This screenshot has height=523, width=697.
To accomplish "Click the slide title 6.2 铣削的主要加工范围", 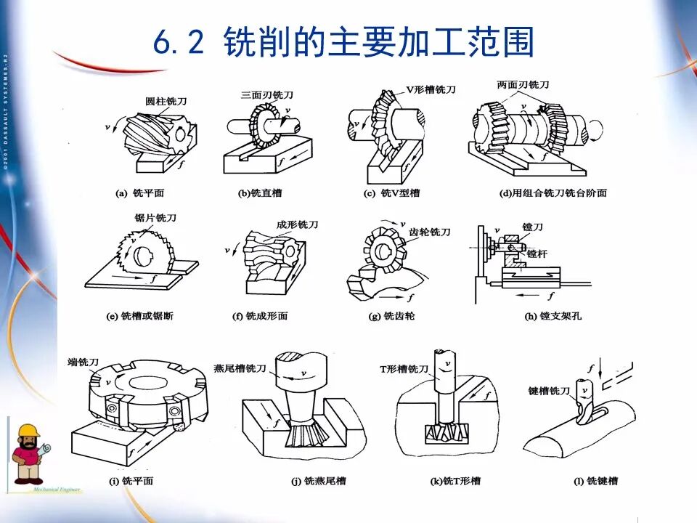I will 343,44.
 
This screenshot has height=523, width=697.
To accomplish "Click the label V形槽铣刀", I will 431,89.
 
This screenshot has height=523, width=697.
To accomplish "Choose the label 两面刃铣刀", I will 523,85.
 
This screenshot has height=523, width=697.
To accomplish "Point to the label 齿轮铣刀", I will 430,232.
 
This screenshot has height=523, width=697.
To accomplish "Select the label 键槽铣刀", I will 549,392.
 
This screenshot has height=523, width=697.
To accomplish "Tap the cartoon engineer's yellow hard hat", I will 29,431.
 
